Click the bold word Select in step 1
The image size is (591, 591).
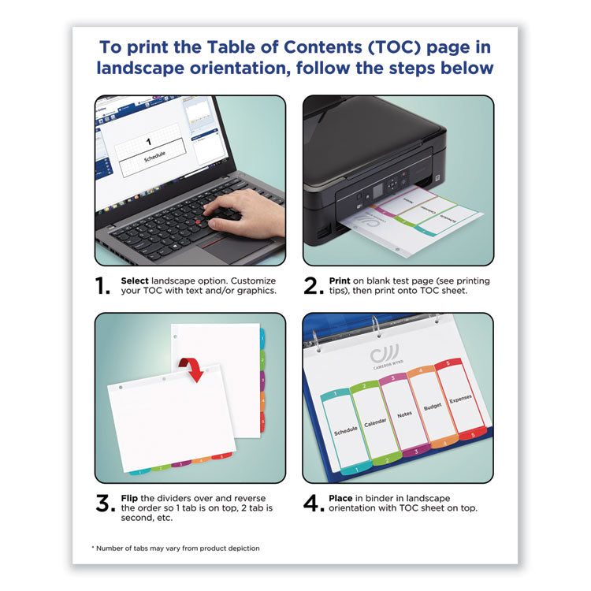coord(135,281)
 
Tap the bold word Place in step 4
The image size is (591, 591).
coord(342,498)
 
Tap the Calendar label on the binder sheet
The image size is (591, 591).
coord(375,422)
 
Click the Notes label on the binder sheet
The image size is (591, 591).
coord(405,413)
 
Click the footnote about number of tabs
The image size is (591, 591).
coord(175,548)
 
